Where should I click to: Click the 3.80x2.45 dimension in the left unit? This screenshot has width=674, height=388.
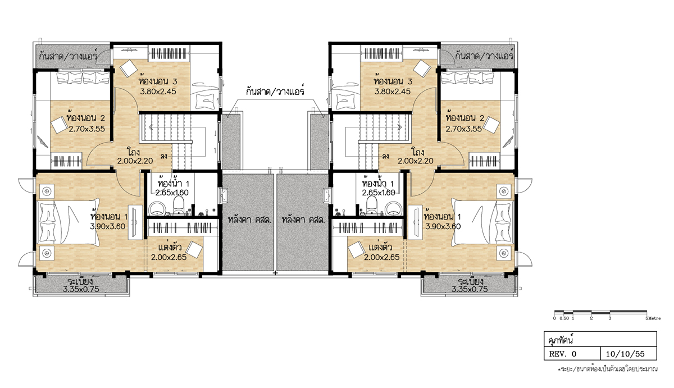(x=158, y=92)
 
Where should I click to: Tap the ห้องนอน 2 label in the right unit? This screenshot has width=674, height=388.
(x=465, y=117)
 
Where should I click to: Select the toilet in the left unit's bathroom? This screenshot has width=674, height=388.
(x=179, y=205)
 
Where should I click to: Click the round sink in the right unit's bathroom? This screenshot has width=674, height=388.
(x=394, y=208)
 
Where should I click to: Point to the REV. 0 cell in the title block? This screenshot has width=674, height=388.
(x=562, y=354)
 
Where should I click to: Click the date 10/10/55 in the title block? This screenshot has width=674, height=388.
(x=625, y=354)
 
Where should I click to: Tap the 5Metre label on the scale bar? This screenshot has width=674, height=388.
(x=653, y=318)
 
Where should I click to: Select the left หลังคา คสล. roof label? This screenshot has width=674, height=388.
(x=249, y=219)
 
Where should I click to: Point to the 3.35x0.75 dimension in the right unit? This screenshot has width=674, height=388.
(x=470, y=289)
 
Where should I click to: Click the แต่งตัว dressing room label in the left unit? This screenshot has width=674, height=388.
(x=170, y=247)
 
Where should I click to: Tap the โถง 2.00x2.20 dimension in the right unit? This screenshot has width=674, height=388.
(x=416, y=161)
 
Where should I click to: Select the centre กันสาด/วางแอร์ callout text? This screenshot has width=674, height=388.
(x=275, y=90)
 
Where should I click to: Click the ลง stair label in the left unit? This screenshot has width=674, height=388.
(x=164, y=157)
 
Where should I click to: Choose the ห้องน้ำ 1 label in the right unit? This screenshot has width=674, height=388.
(x=378, y=182)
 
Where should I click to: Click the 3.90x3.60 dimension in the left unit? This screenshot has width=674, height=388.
(x=107, y=226)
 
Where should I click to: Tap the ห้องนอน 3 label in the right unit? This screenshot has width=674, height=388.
(x=393, y=81)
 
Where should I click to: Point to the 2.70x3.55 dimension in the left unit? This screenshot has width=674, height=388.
(x=86, y=129)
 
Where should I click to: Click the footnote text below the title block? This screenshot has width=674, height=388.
(x=608, y=369)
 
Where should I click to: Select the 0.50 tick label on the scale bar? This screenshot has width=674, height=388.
(x=564, y=318)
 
